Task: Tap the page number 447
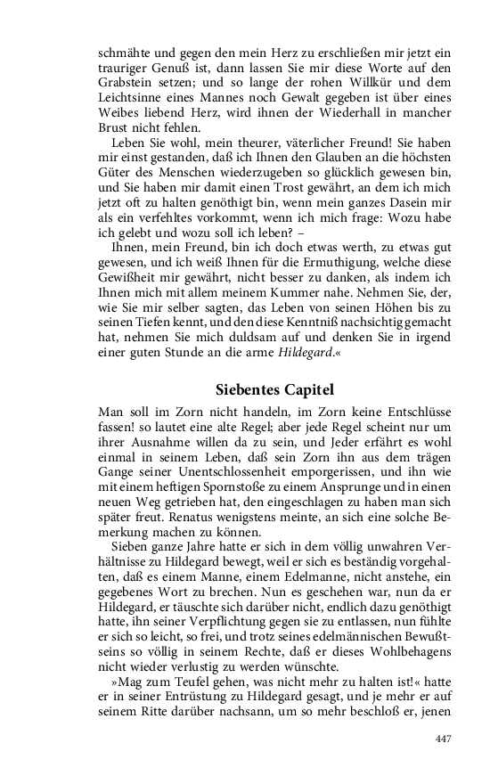point(443,739)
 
